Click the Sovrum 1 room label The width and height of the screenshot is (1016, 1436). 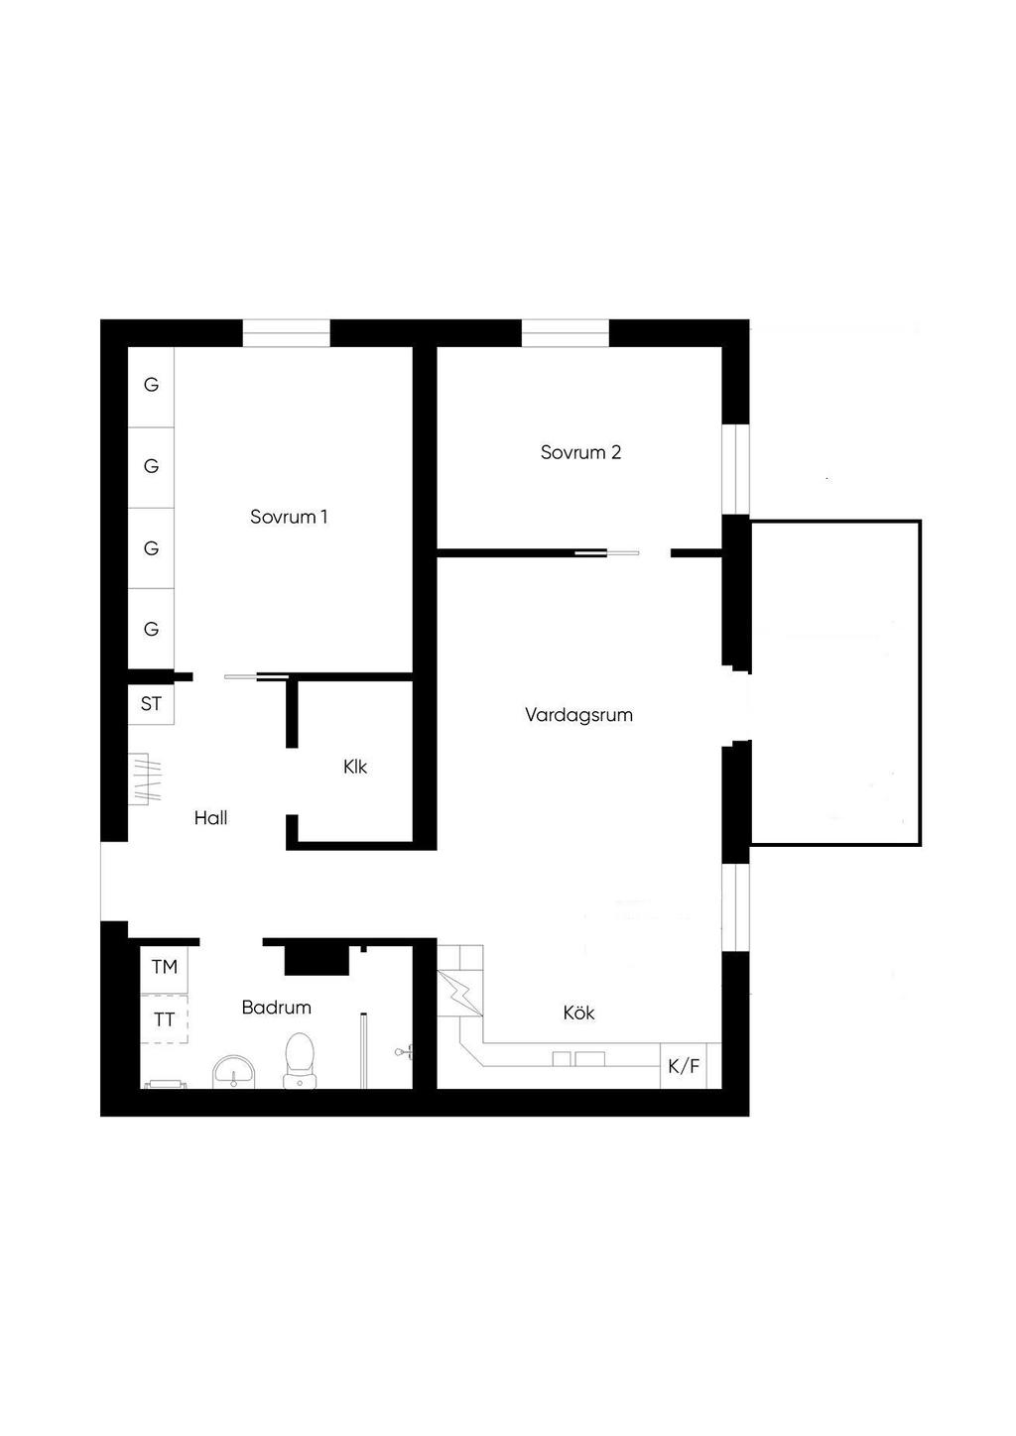pyautogui.click(x=289, y=517)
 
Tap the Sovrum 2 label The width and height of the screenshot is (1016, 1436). pyautogui.click(x=580, y=452)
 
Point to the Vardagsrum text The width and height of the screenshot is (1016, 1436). pyautogui.click(x=578, y=715)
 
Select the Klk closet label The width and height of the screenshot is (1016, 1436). pyautogui.click(x=354, y=767)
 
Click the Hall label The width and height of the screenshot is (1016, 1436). pyautogui.click(x=211, y=818)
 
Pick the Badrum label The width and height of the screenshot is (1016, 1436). pyautogui.click(x=277, y=1008)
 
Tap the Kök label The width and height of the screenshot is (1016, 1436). pyautogui.click(x=578, y=1013)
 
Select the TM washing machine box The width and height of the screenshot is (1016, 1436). pyautogui.click(x=164, y=967)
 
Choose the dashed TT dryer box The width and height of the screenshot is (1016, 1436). pyautogui.click(x=164, y=1019)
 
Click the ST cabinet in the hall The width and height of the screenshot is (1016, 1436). pyautogui.click(x=151, y=704)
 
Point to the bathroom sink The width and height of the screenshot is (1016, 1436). pyautogui.click(x=234, y=1072)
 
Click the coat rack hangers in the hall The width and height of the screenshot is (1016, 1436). pyautogui.click(x=145, y=778)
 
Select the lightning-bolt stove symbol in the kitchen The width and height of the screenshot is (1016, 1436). pyautogui.click(x=460, y=993)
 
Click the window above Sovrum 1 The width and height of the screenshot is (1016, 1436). pyautogui.click(x=286, y=333)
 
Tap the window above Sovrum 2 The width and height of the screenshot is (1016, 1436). pyautogui.click(x=566, y=333)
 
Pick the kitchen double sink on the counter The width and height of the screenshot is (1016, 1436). pyautogui.click(x=579, y=1058)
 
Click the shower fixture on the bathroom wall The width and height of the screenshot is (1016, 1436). pyautogui.click(x=404, y=1052)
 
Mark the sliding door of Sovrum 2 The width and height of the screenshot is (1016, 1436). pyautogui.click(x=607, y=552)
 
